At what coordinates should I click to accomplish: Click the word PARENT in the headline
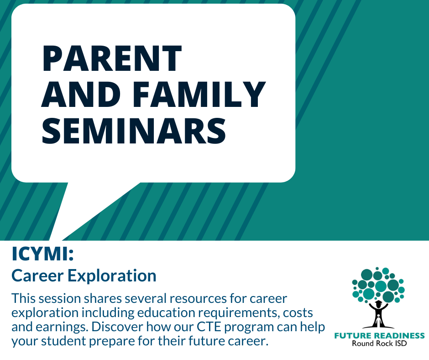112,58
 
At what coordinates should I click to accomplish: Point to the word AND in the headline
81,94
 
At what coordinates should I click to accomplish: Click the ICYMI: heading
43,254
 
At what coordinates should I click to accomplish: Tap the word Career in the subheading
37,275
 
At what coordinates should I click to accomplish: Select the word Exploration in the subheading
112,276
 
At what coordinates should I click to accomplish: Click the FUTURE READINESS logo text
379,336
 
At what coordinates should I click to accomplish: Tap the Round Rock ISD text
379,343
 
